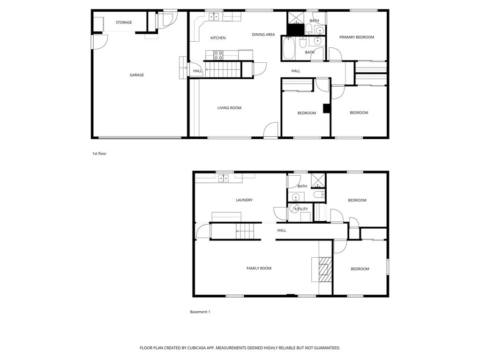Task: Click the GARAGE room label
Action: pos(137,75)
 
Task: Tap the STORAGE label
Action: pos(124,22)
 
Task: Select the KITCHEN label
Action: pos(218,38)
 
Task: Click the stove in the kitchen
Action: pos(218,55)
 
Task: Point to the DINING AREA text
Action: pos(263,35)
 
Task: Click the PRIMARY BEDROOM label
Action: pos(357,37)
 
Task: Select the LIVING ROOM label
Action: pos(229,108)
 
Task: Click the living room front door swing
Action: pos(271,130)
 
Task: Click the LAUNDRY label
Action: pos(244,200)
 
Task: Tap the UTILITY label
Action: pos(301,209)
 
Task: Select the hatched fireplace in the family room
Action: pos(323,269)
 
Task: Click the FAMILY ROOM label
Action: pos(259,269)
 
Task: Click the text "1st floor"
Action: pos(99,153)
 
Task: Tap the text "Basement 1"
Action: pos(200,312)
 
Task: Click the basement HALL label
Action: pos(282,231)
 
